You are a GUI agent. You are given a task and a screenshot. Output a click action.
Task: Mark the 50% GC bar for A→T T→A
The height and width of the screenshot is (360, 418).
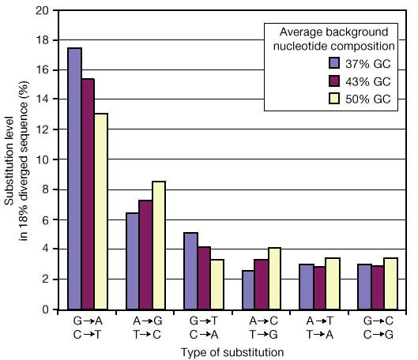coord(332,283)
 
